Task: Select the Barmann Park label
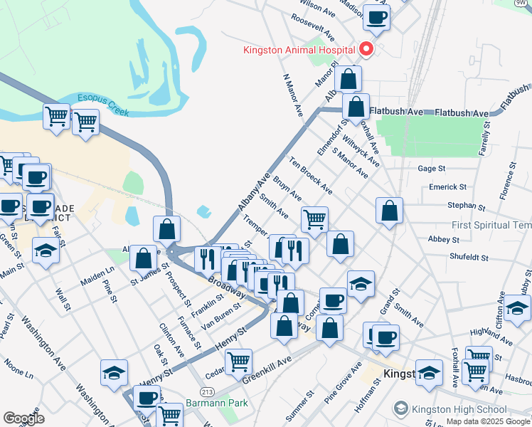point(215,403)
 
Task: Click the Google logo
point(23,418)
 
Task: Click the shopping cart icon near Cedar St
point(238,362)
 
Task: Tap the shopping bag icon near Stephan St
point(389,211)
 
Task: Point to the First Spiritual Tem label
point(491,226)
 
